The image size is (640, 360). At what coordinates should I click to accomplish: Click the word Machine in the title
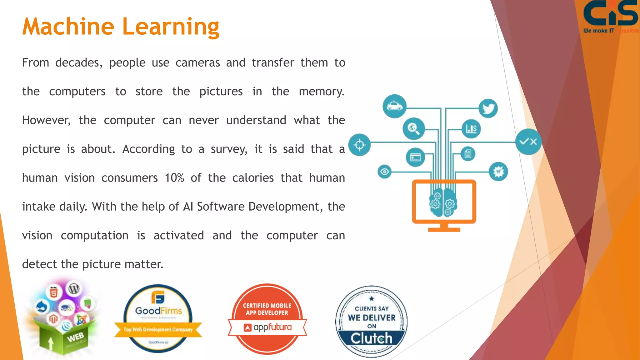coord(68,27)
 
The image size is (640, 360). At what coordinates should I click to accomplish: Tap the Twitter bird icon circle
coord(488,108)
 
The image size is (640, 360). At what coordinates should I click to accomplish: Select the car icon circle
coord(394,106)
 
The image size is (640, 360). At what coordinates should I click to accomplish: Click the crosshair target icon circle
coord(359,145)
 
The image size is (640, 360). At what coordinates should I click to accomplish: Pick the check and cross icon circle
coord(528,142)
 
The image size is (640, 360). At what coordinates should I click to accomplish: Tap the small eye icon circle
coord(384,172)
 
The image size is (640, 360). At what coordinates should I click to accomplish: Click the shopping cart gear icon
coord(498,172)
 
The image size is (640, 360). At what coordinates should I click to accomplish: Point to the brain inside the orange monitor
coord(443,202)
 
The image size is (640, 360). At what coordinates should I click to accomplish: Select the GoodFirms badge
coord(158,318)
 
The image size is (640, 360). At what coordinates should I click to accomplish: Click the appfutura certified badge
coord(267,319)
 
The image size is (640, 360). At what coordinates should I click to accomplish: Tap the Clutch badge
coord(371,321)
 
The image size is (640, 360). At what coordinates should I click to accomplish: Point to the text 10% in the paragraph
coord(174,178)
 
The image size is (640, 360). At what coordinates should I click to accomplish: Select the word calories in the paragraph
coord(253,178)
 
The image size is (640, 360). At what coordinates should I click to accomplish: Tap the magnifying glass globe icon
coord(413,128)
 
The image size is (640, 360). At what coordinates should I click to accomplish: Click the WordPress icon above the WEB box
coord(74,288)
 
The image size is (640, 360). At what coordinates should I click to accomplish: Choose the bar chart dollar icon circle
coord(471,128)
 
